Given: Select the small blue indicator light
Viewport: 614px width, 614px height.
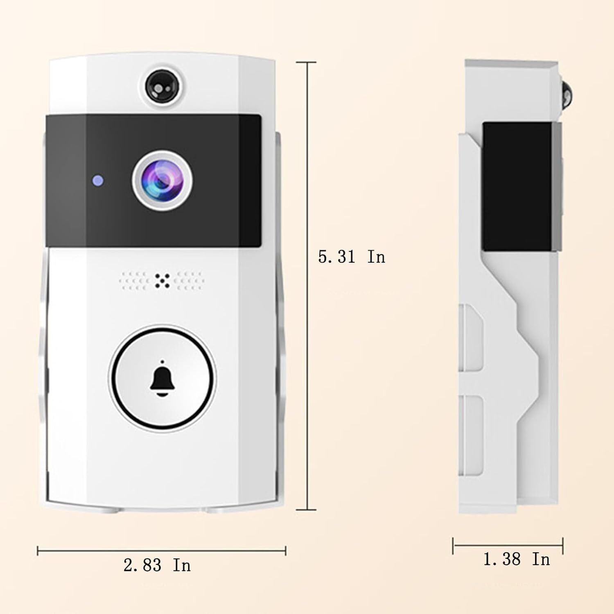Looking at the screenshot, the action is [x=97, y=180].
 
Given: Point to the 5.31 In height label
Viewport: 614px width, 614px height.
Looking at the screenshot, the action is [x=352, y=257].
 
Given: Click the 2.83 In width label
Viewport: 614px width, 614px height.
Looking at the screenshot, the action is [x=157, y=565].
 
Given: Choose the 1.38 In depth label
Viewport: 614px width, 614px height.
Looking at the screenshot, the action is [x=517, y=559].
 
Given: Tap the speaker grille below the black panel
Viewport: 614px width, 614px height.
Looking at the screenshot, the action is [x=163, y=281].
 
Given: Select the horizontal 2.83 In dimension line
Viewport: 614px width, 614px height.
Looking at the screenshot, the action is [x=161, y=551].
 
